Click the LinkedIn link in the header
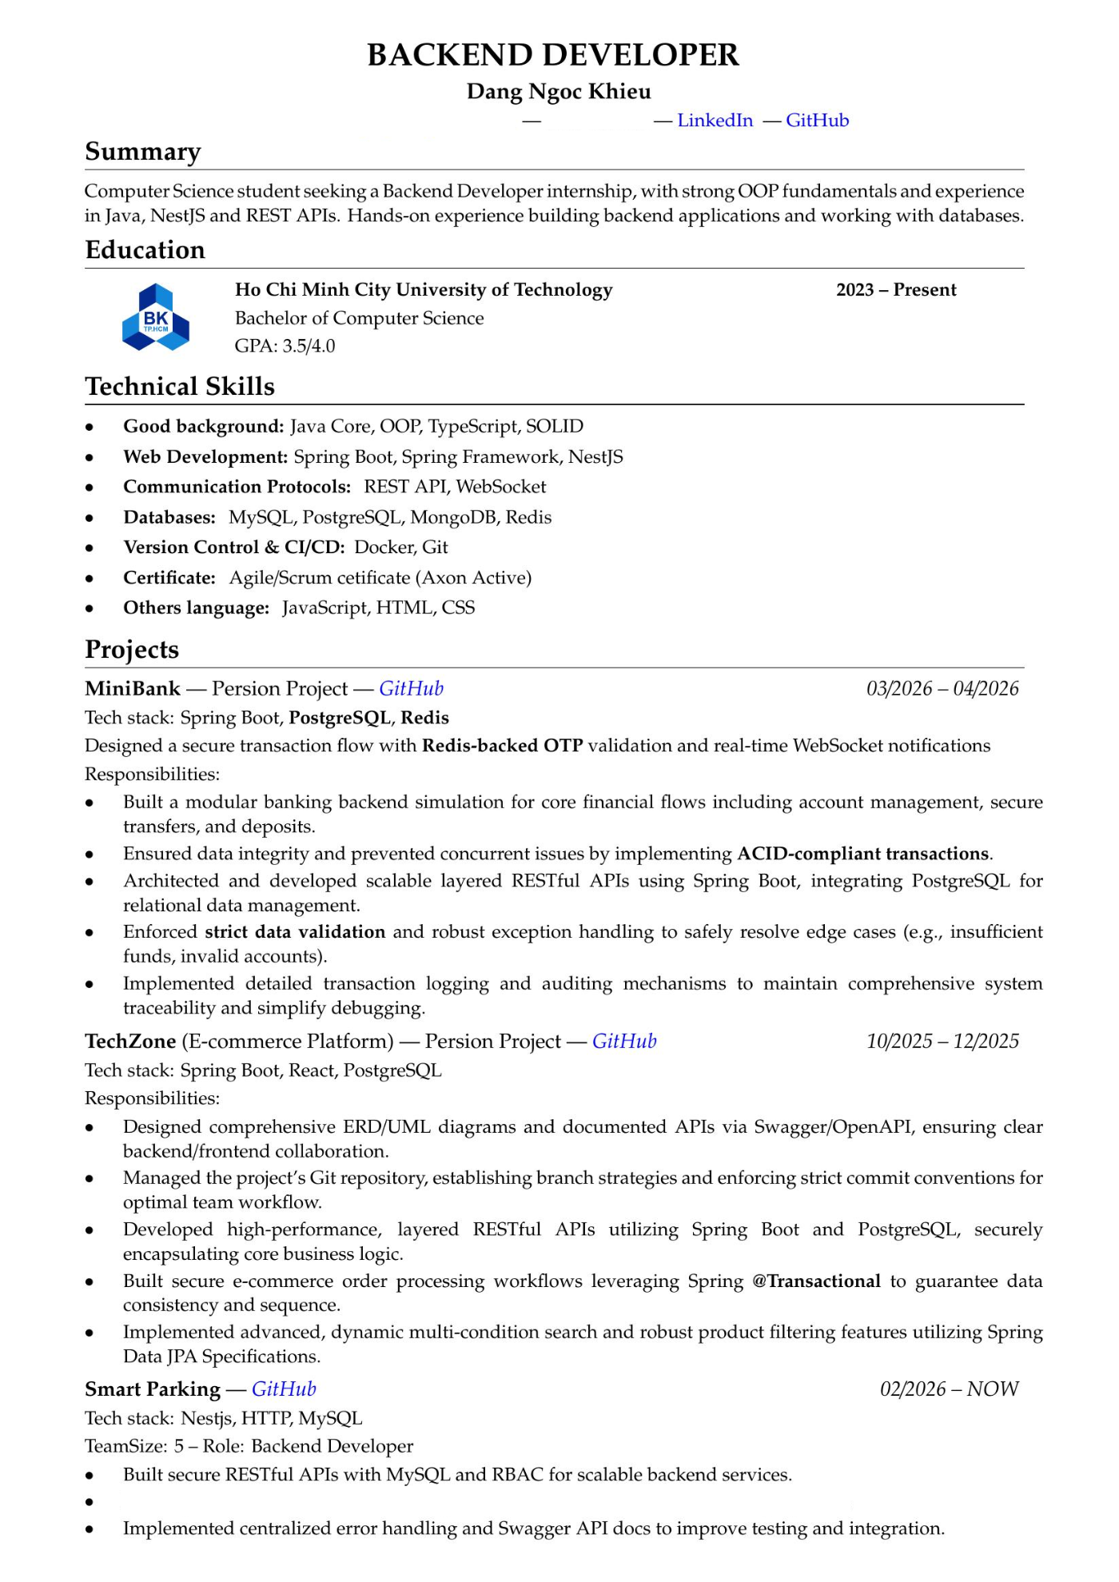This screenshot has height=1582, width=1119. (715, 121)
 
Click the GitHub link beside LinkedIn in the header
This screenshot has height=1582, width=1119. (817, 121)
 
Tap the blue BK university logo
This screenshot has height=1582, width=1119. (156, 318)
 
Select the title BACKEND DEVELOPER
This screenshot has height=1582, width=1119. (553, 55)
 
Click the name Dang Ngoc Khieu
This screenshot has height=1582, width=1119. (559, 92)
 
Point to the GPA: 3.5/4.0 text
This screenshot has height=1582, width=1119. (285, 346)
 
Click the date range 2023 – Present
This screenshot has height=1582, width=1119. (896, 290)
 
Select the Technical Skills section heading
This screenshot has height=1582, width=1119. (180, 387)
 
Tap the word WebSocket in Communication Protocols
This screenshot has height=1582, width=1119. (501, 488)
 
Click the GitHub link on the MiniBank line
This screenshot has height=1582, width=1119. (411, 689)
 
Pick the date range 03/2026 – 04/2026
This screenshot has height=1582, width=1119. (942, 689)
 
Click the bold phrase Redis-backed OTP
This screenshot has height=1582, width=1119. (502, 746)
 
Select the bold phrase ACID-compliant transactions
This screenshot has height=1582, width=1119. (862, 854)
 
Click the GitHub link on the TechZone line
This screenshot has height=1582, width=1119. (624, 1042)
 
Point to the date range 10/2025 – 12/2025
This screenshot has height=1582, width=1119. (942, 1042)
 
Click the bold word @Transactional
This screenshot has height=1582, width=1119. (816, 1281)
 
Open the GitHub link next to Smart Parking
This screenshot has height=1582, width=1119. (284, 1389)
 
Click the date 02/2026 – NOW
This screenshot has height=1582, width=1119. (949, 1389)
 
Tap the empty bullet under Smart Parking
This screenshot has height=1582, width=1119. (90, 1503)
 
